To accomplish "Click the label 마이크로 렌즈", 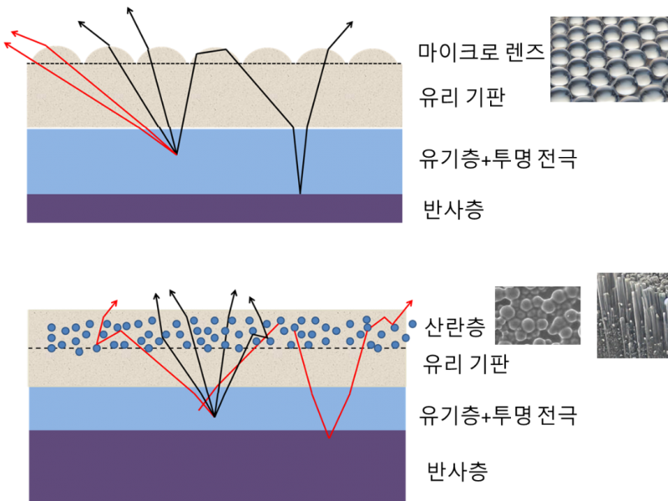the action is [481, 53].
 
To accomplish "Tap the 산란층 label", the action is [455, 327].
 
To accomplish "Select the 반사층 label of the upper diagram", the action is [453, 210].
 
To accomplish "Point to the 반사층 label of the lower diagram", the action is [457, 471].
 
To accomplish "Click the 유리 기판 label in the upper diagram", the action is [463, 97].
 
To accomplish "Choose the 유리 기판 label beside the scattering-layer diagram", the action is [466, 364].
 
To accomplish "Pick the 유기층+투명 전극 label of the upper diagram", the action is [498, 159].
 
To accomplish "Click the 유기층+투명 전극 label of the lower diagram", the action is [498, 415].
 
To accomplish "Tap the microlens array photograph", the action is [610, 59].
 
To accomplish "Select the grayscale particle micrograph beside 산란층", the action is [538, 316].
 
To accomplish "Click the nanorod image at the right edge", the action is [633, 316].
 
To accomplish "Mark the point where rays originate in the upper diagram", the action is [176, 154].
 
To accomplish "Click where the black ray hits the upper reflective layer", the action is [301, 194].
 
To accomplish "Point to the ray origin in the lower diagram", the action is [215, 417].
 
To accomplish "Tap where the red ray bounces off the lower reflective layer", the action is [329, 438].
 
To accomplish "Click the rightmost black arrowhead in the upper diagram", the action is [350, 24].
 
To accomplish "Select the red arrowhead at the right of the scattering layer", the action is [409, 303].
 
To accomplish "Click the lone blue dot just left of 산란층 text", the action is [412, 324].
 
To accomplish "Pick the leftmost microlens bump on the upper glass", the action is [57, 55].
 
